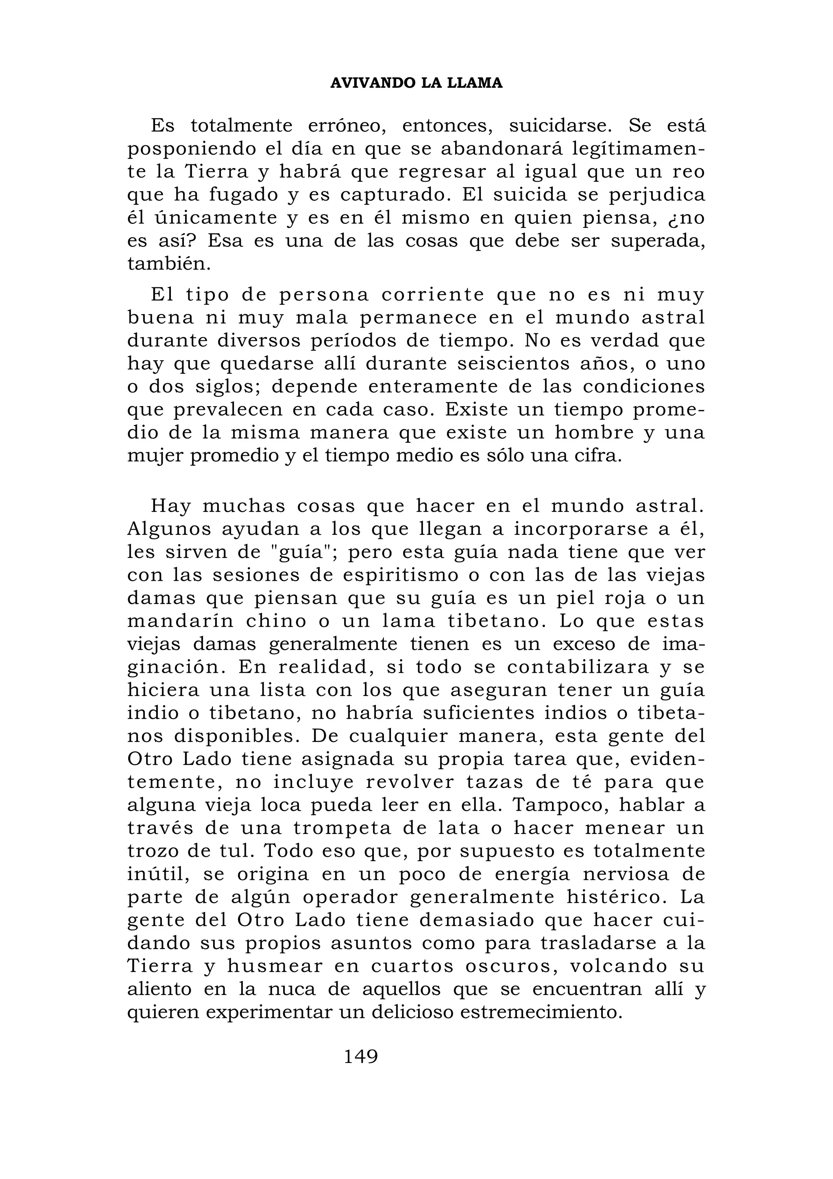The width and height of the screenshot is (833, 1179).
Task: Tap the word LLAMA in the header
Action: point(475,83)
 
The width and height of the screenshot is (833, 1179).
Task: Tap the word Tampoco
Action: point(560,805)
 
